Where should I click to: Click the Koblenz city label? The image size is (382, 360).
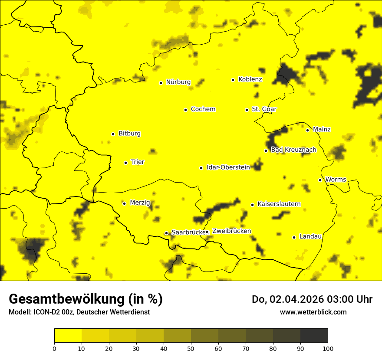pos(250,79)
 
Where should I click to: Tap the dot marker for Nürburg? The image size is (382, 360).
pos(161,83)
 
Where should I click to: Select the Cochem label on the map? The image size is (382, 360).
pos(203,109)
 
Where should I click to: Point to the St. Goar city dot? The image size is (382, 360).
pos(247,110)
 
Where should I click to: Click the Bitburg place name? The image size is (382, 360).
pos(129,134)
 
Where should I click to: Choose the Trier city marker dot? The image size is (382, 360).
pos(125,163)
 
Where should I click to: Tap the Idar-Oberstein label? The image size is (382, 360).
pos(228,167)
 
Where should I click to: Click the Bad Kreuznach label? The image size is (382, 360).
pos(293,150)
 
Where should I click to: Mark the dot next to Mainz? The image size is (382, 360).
pos(307,130)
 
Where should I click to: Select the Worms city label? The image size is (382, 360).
pos(336,180)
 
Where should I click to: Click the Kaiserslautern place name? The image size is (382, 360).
pos(279,204)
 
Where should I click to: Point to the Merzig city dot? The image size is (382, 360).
pos(124,203)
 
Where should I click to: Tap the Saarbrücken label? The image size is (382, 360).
pos(187,232)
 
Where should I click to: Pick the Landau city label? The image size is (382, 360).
pos(310,237)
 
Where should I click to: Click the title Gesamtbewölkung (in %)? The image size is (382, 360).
pos(86,299)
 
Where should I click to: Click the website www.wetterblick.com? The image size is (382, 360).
pos(313,312)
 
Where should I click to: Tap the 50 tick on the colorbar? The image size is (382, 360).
pos(191,348)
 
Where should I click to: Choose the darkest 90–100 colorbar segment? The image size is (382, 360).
pos(314,335)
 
